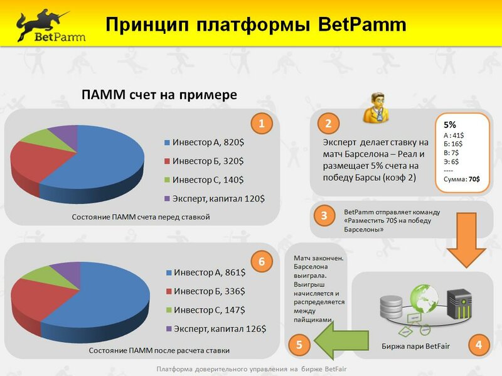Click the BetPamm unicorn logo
coord(51,26)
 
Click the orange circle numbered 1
coord(262,123)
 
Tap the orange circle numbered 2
coord(328,123)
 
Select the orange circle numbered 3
coord(324,215)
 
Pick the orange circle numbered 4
coord(479,345)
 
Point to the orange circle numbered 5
coord(299,345)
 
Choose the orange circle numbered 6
coord(262,261)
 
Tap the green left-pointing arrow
coord(341,340)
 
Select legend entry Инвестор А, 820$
coord(205,142)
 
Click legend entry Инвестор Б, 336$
coord(206,291)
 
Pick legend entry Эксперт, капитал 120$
coord(215,198)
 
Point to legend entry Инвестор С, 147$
coord(206,310)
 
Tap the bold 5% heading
coord(450,124)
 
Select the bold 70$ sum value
coord(474,180)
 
